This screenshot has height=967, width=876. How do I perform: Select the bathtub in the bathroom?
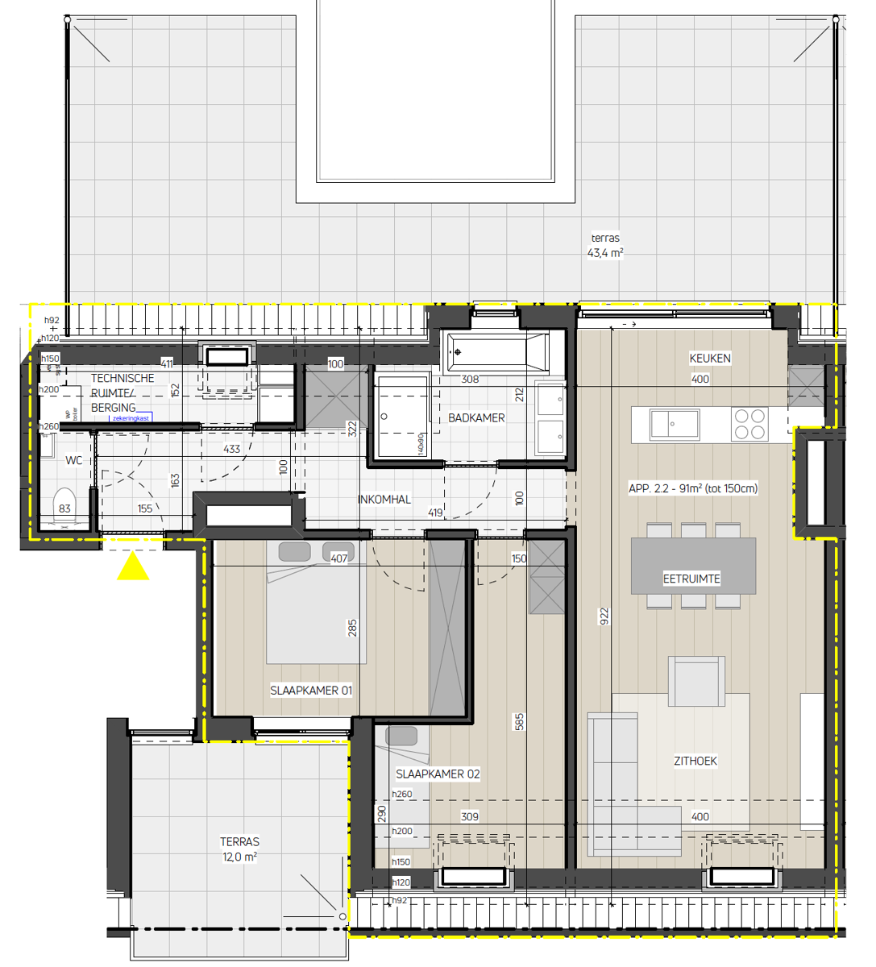[496, 352]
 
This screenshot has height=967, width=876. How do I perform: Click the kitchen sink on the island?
[675, 423]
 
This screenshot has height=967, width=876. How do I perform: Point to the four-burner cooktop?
[749, 424]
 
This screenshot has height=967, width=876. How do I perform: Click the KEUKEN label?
[710, 358]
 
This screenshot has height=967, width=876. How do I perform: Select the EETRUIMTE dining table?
[692, 567]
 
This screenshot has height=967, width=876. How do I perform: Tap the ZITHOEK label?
[695, 761]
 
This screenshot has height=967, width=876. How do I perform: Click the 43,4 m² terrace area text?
[605, 253]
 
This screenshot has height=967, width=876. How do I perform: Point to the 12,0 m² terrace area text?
[239, 857]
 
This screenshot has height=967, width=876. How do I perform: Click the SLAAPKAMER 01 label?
[311, 691]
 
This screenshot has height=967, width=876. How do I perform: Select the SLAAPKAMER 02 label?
[438, 774]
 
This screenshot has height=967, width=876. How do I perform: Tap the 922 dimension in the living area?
[604, 616]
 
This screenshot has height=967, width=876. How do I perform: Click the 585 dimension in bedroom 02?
[520, 722]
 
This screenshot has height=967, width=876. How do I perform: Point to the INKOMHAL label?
[384, 500]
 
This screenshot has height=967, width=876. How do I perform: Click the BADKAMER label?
[476, 417]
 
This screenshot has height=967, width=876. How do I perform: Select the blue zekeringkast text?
[131, 418]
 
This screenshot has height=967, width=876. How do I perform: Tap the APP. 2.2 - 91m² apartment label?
[693, 488]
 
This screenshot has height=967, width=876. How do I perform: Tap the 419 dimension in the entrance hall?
[435, 513]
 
